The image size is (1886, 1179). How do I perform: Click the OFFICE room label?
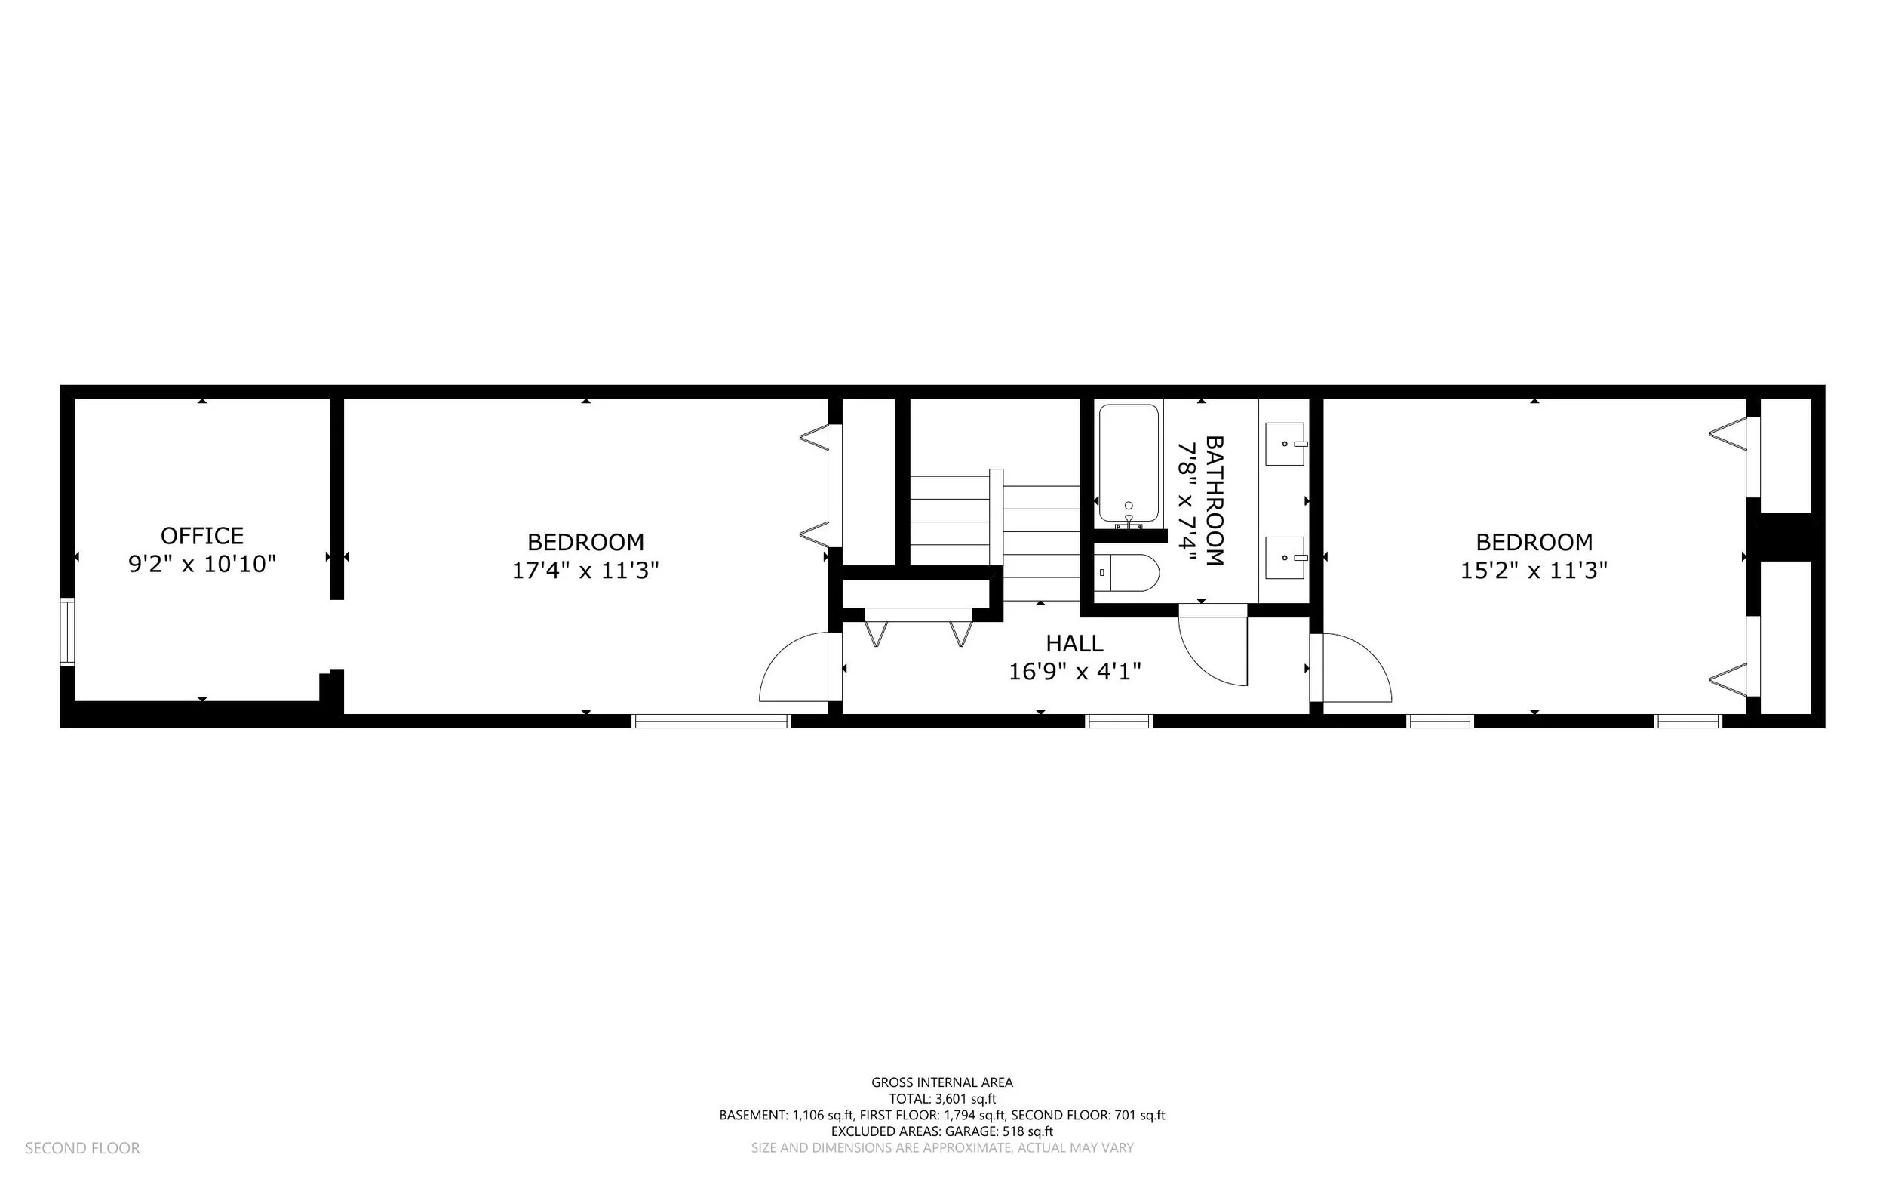[202, 536]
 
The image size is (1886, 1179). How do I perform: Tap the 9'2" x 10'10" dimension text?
[202, 564]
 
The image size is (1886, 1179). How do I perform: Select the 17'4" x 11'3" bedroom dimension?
[585, 570]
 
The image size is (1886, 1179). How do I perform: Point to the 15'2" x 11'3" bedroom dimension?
[1534, 570]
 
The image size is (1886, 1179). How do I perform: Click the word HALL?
[1074, 643]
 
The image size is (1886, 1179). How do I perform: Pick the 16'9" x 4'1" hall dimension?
[1075, 670]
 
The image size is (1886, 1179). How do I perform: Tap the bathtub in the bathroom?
[1129, 465]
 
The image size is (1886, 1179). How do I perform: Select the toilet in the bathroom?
[1126, 573]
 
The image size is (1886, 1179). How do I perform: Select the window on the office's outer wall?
[68, 632]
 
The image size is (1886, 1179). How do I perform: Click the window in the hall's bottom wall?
[1118, 722]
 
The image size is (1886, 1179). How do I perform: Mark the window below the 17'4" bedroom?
[711, 722]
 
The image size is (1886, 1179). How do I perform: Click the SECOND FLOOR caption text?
[83, 1148]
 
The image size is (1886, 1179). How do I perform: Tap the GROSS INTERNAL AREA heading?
[942, 1082]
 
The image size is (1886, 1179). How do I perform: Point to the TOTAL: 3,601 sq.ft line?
[942, 1099]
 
